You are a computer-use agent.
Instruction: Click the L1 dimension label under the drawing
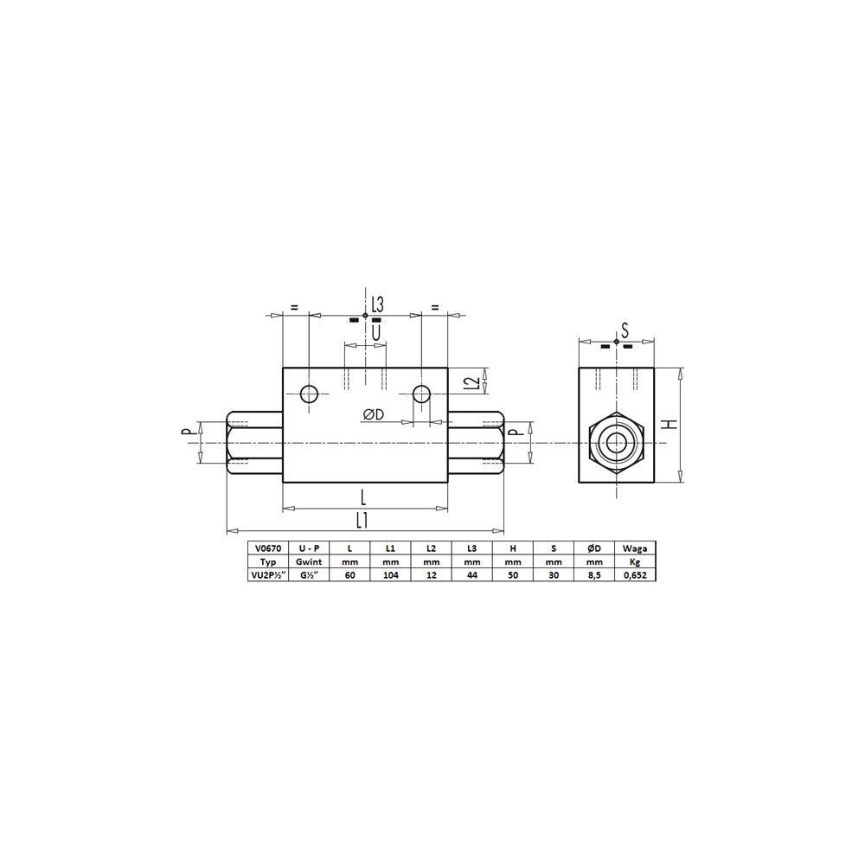[x=362, y=520]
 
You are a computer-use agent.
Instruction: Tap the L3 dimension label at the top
[x=377, y=304]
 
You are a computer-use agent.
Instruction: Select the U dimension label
[x=376, y=333]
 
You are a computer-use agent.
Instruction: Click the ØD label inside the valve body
[x=373, y=415]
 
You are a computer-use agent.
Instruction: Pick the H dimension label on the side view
[x=670, y=424]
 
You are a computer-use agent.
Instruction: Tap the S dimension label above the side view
[x=625, y=330]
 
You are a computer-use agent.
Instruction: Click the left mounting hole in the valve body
[x=309, y=394]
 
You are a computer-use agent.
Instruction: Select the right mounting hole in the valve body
[x=421, y=394]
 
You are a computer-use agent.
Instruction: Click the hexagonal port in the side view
[x=616, y=442]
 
